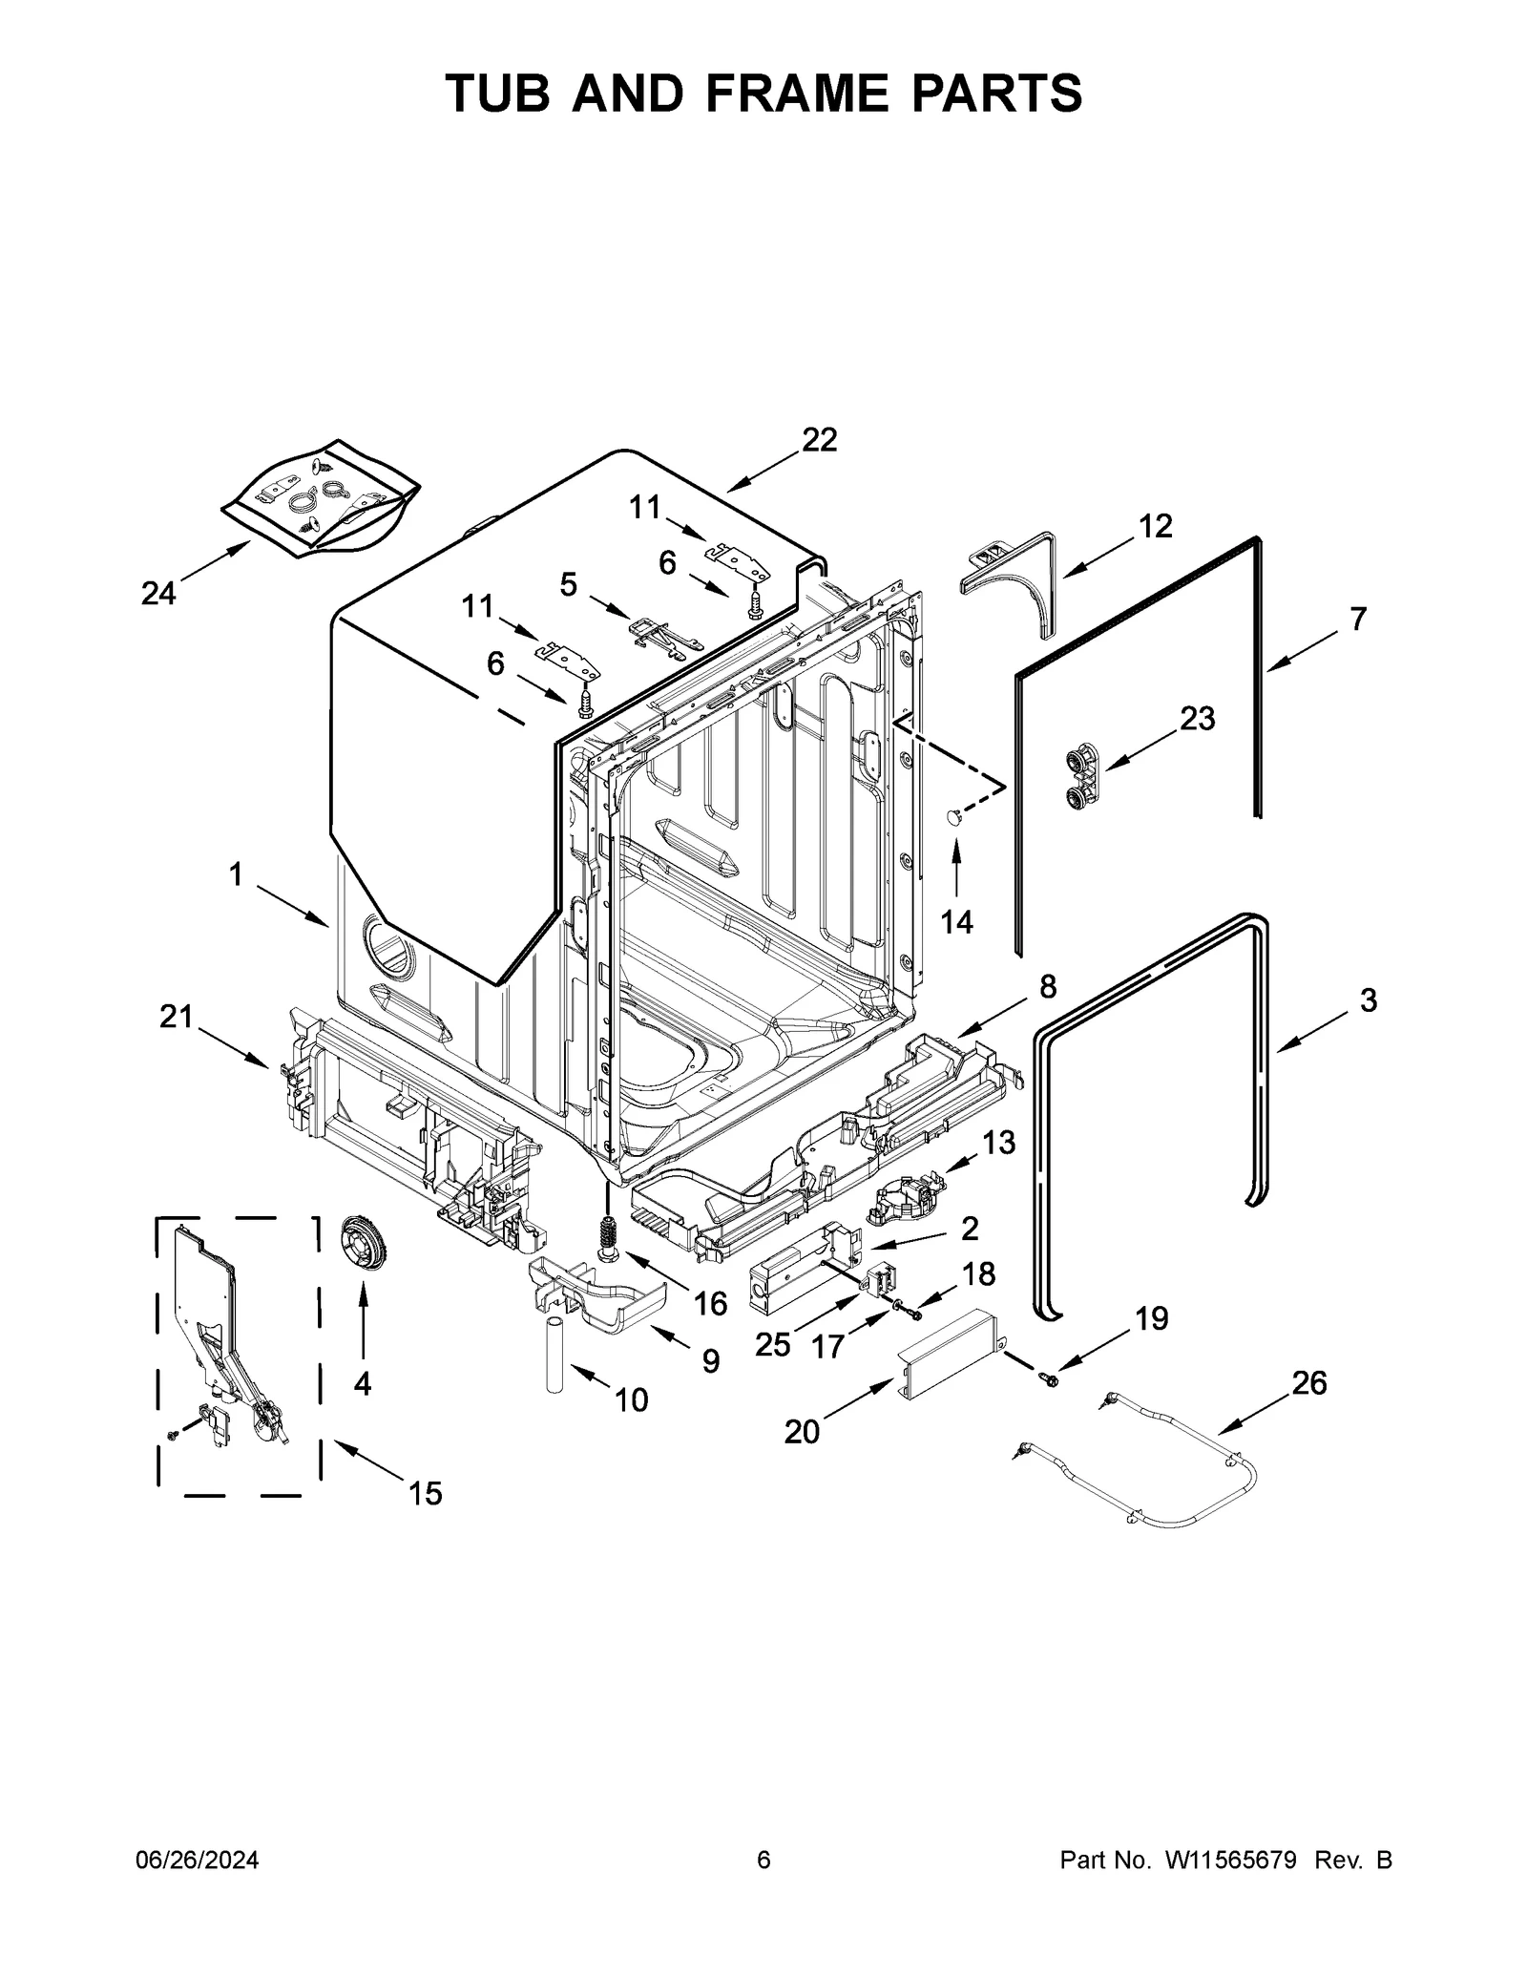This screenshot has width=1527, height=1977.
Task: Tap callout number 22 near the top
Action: (x=819, y=440)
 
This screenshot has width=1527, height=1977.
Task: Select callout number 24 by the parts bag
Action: (x=158, y=594)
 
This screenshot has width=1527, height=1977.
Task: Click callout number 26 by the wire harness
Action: (x=1309, y=1382)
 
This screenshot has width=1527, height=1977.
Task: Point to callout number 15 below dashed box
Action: (x=425, y=1520)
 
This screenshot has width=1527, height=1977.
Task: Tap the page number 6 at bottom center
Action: (x=763, y=1861)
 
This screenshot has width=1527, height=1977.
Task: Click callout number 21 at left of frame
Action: (x=176, y=1017)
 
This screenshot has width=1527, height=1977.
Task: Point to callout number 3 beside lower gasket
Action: (x=1368, y=1000)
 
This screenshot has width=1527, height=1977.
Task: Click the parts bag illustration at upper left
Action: (x=320, y=496)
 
